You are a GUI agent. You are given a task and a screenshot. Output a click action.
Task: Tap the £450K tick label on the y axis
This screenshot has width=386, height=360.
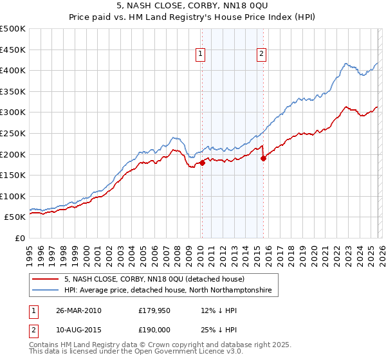13,50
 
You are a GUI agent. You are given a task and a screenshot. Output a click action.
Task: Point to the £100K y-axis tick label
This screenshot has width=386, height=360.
13,196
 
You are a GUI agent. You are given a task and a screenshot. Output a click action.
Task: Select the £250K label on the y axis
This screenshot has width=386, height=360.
13,133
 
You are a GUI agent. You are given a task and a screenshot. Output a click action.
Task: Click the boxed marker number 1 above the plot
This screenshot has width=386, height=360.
201,55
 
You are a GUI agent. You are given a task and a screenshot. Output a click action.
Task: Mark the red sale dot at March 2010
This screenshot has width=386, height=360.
202,163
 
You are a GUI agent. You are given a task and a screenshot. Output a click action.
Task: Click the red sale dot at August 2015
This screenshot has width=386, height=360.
263,158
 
